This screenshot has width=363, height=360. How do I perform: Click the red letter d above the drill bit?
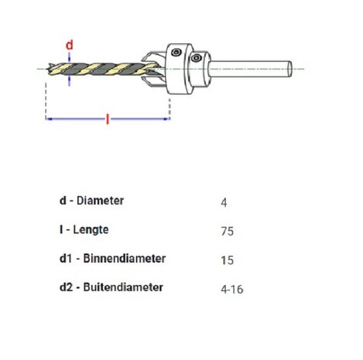[69, 46]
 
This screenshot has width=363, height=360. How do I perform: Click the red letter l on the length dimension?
[106, 118]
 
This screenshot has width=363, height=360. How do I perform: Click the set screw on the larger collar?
[178, 53]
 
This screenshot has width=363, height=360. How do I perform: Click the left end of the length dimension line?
[49, 118]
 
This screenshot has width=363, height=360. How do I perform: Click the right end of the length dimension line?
[167, 118]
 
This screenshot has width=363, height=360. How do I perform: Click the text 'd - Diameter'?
[91, 201]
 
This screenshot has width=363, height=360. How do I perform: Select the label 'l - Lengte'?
[84, 229]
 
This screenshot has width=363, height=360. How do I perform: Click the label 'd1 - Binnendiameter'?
[112, 258]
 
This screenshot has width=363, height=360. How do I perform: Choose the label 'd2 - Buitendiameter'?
[111, 286]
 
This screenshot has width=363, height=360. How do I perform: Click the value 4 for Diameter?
[224, 202]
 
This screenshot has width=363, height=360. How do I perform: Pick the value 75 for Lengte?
[227, 231]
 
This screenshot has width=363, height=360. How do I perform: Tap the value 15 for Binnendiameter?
[227, 259]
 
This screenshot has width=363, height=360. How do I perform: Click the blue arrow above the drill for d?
[69, 59]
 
